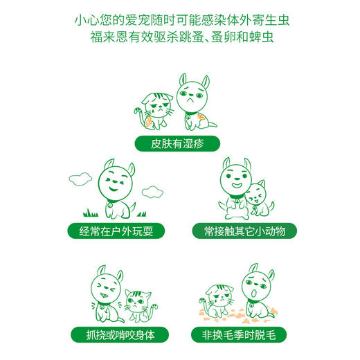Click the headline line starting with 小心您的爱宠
pos(180,20)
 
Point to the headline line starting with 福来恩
pos(180,39)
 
